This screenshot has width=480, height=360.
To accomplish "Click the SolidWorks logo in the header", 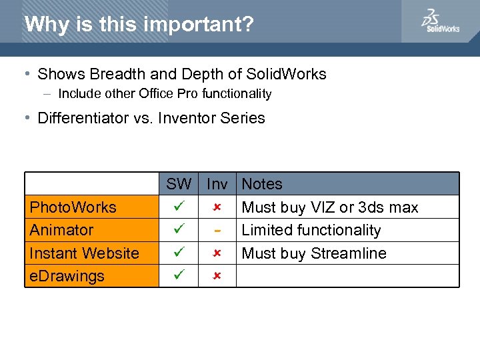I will coord(439,21).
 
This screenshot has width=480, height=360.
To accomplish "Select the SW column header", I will coord(179,184).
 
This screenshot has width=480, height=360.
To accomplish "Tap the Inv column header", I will coord(217,184).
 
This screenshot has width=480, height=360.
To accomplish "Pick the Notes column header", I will coord(262,184).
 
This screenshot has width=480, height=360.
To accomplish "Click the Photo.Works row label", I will coord(73,207).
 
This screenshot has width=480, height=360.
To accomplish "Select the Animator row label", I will coord(62,230).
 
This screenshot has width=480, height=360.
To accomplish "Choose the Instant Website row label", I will coord(85,253).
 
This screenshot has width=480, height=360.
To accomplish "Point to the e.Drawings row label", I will coord(67,276).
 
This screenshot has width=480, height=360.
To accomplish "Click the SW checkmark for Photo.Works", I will coord(178,207).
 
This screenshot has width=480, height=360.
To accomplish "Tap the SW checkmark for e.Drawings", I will coord(178,276).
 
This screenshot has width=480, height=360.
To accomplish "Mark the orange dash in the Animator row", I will coord(217,231).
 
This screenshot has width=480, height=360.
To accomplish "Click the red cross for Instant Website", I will coord(217,253).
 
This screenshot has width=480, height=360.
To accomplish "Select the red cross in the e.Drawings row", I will coord(217,276).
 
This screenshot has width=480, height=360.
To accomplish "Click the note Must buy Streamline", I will coord(314,253).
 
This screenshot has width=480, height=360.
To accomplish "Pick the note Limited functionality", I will coord(311,230).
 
